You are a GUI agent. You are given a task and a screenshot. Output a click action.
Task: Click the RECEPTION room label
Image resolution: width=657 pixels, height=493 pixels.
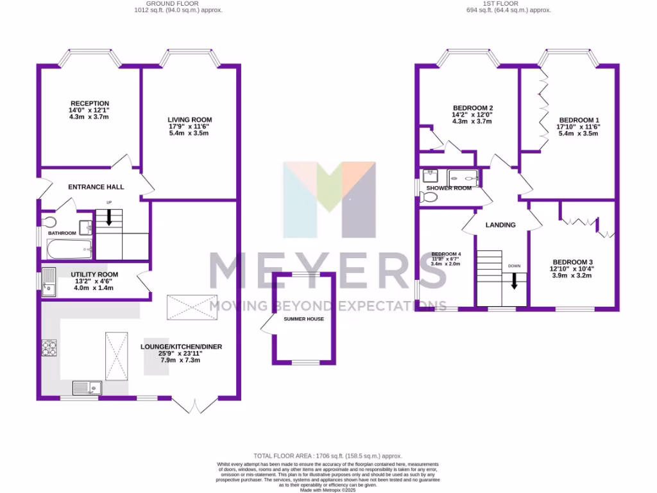click(x=90, y=103)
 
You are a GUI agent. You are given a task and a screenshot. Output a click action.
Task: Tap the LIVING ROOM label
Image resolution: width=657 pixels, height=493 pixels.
click(x=189, y=120)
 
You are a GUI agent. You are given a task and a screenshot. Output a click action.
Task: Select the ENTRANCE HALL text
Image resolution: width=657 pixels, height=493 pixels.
click(x=96, y=187)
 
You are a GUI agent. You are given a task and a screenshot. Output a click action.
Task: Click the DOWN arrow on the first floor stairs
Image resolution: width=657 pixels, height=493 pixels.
click(x=514, y=280)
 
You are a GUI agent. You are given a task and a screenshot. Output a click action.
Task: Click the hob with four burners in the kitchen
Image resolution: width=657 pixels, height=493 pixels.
click(x=49, y=347)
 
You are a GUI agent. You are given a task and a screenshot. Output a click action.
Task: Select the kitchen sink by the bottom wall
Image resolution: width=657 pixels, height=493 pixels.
click(x=87, y=387)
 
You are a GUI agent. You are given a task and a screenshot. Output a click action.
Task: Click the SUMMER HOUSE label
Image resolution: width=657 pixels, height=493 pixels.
click(x=303, y=319)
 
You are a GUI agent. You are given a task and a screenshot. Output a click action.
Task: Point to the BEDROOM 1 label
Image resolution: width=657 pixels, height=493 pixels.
click(x=579, y=120)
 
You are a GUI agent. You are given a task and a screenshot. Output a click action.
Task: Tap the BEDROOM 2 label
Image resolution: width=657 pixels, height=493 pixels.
click(x=473, y=108)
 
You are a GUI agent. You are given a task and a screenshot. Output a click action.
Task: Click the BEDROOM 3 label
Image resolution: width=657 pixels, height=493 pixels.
click(x=572, y=262)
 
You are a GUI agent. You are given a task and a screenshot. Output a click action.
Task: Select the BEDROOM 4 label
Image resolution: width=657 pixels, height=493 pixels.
click(x=446, y=254)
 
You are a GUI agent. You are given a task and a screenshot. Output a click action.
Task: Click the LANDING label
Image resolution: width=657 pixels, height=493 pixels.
click(x=500, y=225)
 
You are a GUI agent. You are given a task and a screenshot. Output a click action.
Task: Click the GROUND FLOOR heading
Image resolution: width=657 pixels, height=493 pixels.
click(x=178, y=4)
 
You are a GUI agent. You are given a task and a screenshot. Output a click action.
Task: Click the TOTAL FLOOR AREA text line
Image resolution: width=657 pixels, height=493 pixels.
click(x=327, y=454)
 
